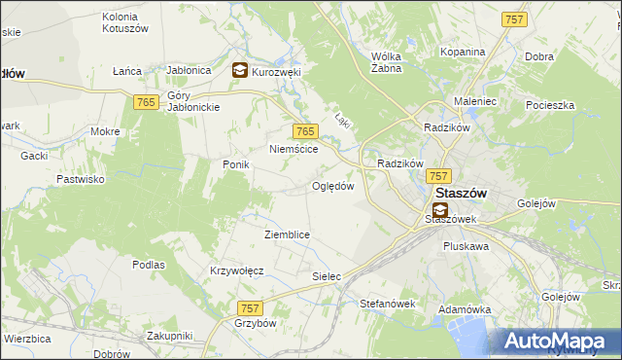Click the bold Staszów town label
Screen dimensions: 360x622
pyautogui.click(x=461, y=193)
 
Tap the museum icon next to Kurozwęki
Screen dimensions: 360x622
pyautogui.click(x=239, y=70)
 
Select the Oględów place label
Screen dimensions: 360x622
pyautogui.click(x=332, y=186)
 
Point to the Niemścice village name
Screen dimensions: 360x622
pyautogui.click(x=294, y=149)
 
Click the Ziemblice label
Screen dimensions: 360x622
pyautogui.click(x=287, y=234)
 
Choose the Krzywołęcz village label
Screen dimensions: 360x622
pyautogui.click(x=238, y=270)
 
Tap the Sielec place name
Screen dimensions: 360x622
pyautogui.click(x=327, y=276)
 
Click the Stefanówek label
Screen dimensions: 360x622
pyautogui.click(x=388, y=304)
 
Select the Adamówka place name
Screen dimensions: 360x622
pyautogui.click(x=462, y=307)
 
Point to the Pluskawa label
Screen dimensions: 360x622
pyautogui.click(x=466, y=246)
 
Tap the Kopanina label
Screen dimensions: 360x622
pyautogui.click(x=462, y=52)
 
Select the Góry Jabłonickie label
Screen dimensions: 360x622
pyautogui.click(x=195, y=100)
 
